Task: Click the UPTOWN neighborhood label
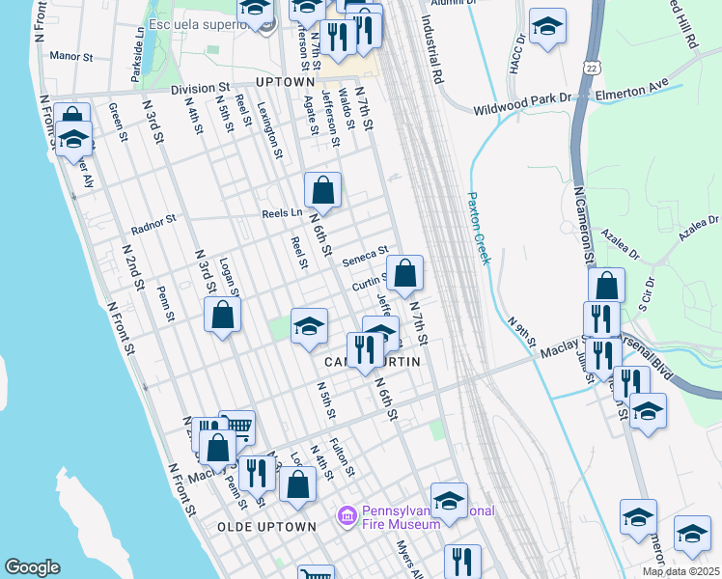pos(286,83)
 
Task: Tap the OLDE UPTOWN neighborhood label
pos(266,527)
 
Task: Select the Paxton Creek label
pos(480,228)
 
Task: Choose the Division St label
pos(204,89)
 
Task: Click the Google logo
pos(32,567)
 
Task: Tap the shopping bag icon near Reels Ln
pos(322,191)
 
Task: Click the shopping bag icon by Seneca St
pos(405,274)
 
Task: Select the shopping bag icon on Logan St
pos(222,316)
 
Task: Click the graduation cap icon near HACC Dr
pos(547,28)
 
